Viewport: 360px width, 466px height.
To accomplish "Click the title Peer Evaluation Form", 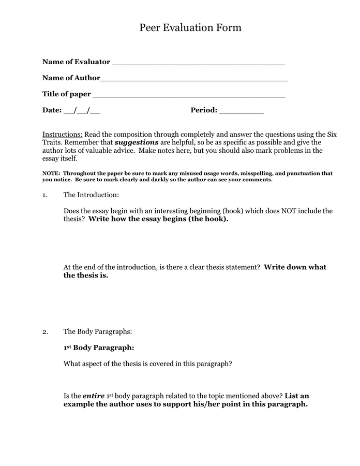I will click(190, 28).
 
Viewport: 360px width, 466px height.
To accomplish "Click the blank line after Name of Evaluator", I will click(198, 63).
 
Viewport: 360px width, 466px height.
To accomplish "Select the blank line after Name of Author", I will click(194, 80).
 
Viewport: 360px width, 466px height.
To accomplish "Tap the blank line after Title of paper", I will click(189, 96).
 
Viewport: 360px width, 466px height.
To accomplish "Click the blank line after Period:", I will click(242, 112).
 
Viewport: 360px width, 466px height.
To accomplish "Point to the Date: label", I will click(52, 110).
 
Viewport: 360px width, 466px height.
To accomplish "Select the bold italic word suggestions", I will click(137, 142).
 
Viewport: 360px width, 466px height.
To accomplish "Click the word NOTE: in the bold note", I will click(51, 173).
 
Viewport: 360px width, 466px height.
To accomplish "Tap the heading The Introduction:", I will click(91, 195).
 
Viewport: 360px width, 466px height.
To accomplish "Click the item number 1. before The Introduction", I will click(45, 195).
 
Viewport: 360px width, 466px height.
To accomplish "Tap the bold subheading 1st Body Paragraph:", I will click(99, 348).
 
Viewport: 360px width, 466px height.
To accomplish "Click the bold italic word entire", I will click(94, 396).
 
